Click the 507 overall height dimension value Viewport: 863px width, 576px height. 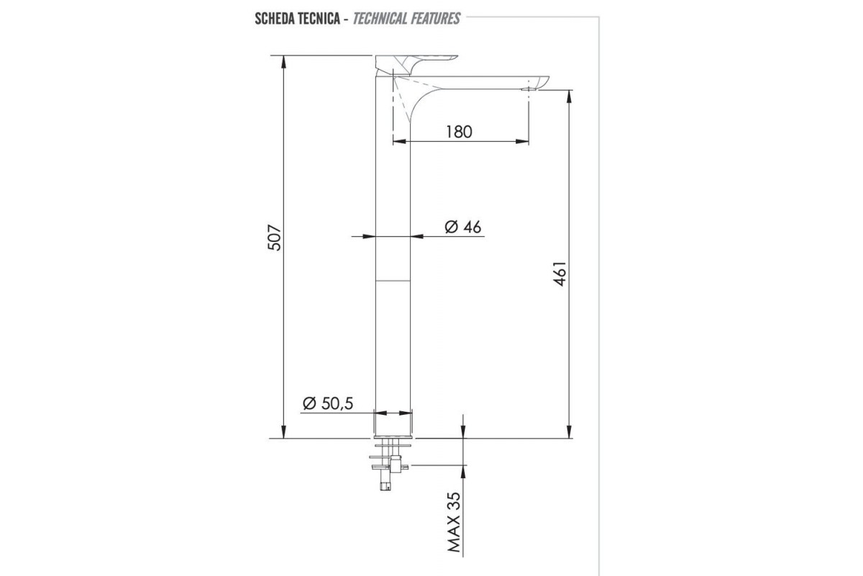tap(275, 238)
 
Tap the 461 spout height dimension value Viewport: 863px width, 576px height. tap(560, 274)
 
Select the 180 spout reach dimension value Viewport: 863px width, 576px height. tap(460, 132)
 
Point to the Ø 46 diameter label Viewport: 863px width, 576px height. tap(462, 227)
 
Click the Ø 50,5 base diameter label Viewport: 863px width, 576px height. tap(328, 403)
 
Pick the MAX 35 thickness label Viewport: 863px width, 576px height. tap(454, 522)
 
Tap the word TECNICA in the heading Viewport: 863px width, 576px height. tap(323, 19)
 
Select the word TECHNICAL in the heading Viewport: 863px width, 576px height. tap(380, 19)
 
